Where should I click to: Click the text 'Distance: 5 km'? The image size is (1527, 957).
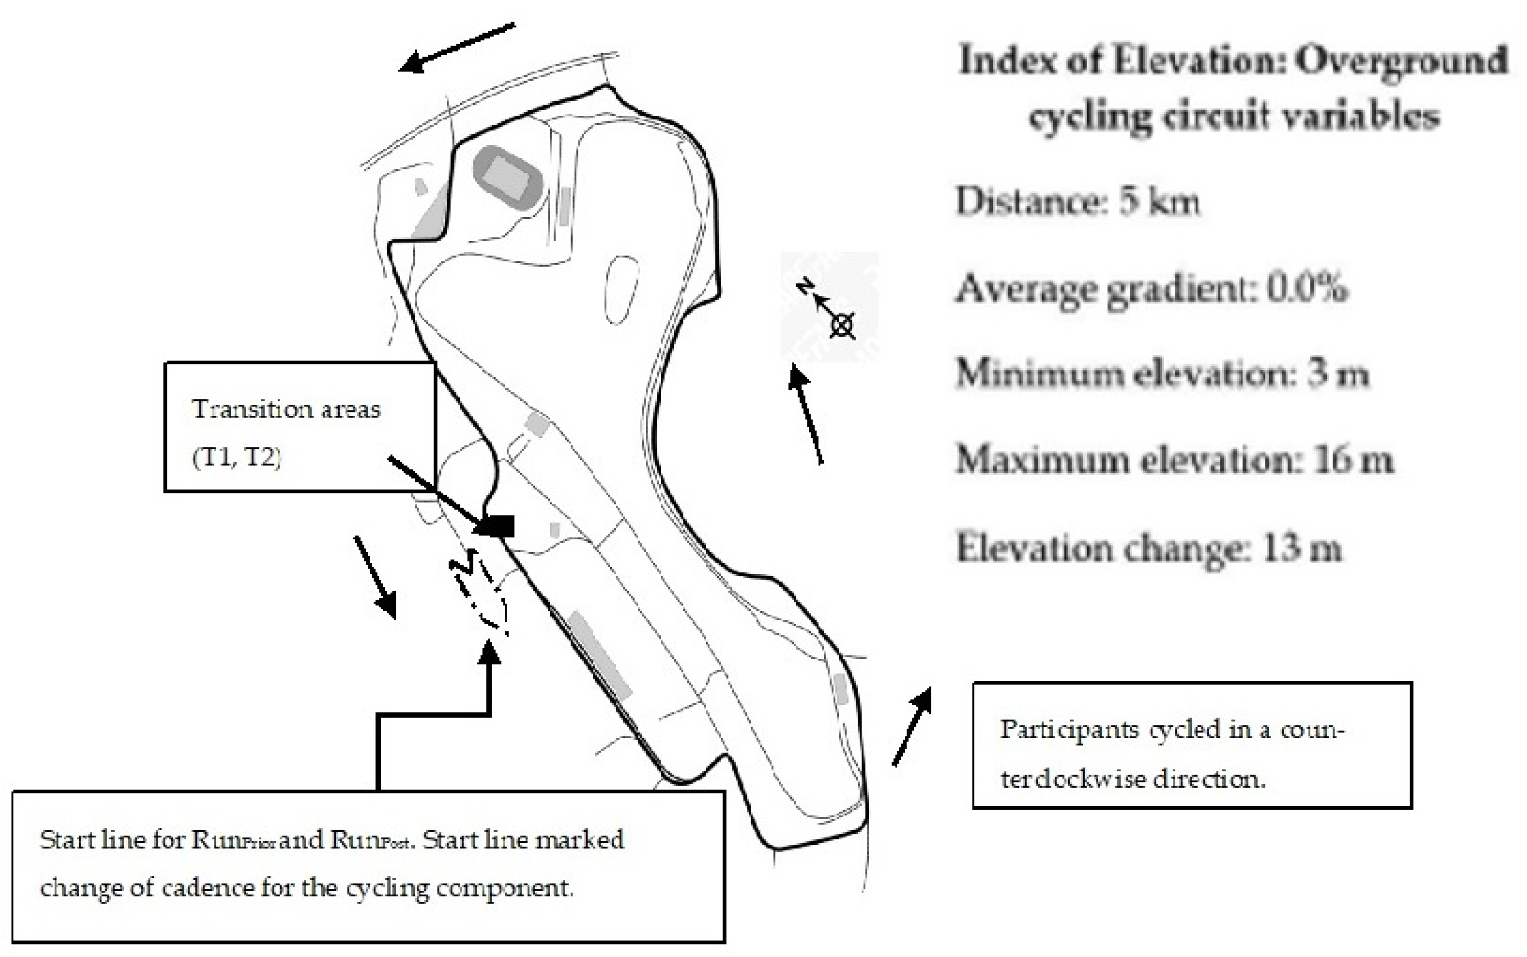pos(1077,202)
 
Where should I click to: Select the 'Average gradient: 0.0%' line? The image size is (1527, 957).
pos(1151,289)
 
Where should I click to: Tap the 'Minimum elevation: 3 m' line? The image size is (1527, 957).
pos(1162,373)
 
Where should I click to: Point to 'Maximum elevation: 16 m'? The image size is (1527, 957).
pos(1174,459)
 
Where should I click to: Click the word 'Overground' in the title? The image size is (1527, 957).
pos(1400,62)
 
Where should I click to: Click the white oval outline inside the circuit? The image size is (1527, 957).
pos(621,290)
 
